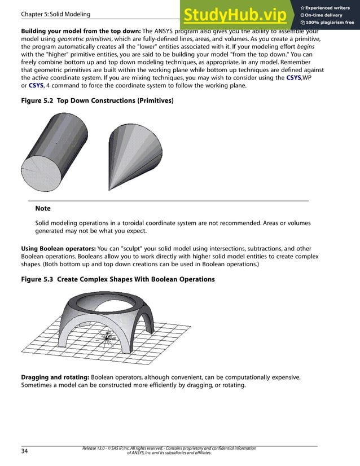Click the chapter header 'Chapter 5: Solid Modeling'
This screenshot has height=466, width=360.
coord(55,14)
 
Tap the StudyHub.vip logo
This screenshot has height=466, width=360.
coord(235,14)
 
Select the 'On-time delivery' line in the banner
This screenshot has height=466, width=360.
coord(323,15)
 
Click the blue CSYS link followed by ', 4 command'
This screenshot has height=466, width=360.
coord(36,85)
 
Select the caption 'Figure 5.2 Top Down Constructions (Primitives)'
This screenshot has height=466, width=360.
coord(97,100)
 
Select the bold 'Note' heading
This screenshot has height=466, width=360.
coord(43,209)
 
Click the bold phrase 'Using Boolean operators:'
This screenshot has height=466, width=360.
coord(59,249)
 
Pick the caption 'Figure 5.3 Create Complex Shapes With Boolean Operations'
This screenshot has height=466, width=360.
coord(117,279)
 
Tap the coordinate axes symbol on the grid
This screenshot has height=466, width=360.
coord(108,337)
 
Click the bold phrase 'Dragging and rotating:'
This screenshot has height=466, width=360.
coord(55,377)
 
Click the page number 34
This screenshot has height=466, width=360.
coord(25,451)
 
